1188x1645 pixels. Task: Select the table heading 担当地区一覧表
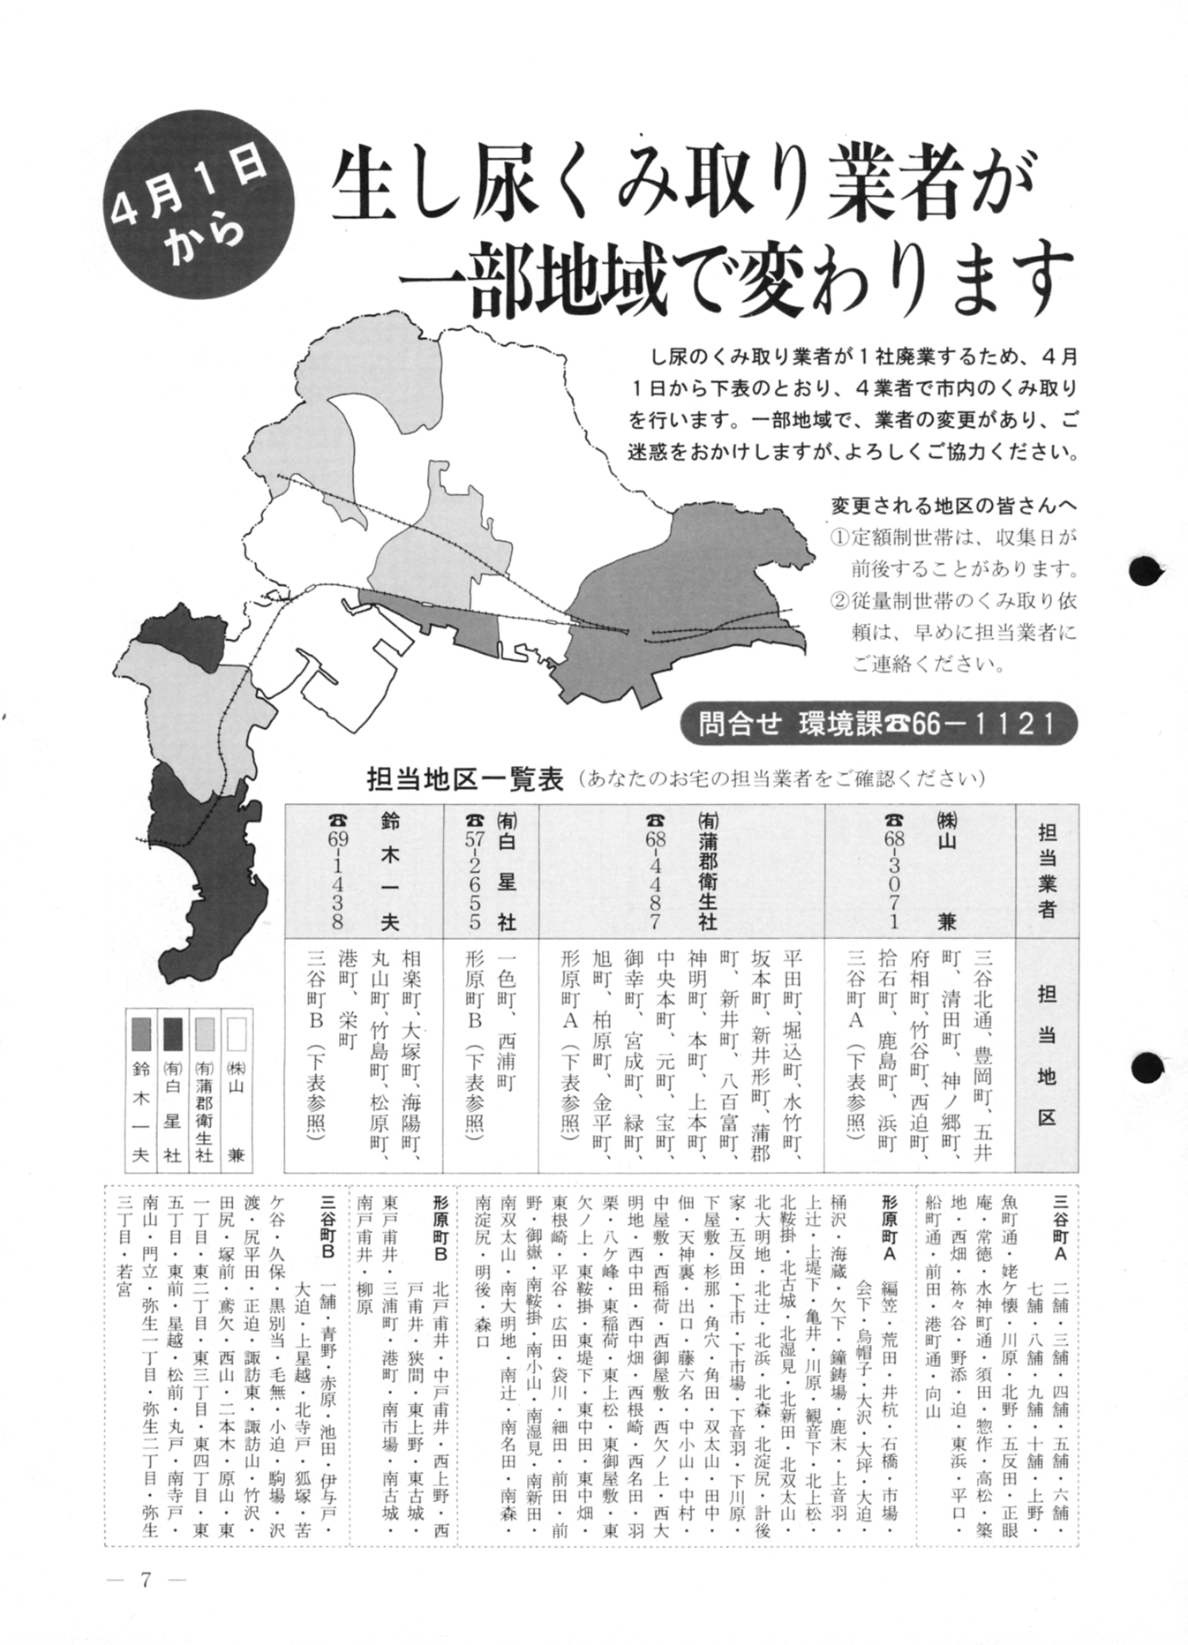[x=465, y=779]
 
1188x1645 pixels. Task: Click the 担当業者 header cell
[x=1047, y=871]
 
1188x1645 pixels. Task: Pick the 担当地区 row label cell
[x=1047, y=1055]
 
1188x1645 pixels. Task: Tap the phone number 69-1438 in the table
[x=335, y=871]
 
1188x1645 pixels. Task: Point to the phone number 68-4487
[x=654, y=871]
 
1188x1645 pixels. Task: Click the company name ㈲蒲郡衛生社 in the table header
[x=707, y=871]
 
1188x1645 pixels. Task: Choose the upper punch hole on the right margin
[x=1146, y=570]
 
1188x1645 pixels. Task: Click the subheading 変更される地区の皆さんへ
[x=954, y=506]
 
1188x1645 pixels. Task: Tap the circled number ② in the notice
[x=839, y=601]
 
